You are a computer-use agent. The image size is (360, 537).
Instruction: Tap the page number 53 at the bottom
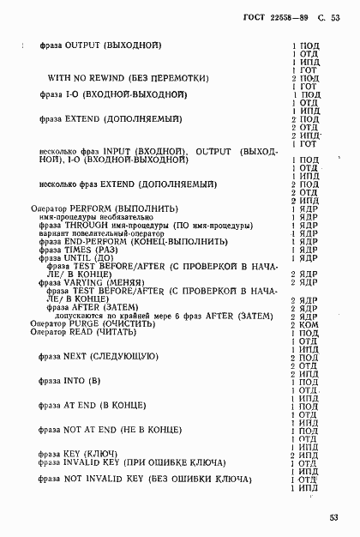334,517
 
